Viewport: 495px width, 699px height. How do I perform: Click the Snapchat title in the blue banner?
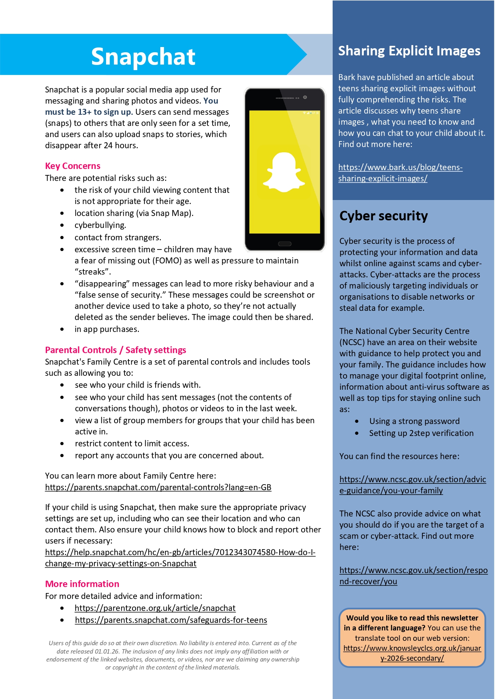tap(143, 56)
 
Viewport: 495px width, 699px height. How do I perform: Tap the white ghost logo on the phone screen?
tap(284, 173)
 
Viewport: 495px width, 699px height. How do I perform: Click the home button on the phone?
tap(284, 244)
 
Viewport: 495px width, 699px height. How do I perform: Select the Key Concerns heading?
tap(73, 166)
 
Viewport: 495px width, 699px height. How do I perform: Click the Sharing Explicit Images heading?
tap(409, 51)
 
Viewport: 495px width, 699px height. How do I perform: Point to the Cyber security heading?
tap(383, 216)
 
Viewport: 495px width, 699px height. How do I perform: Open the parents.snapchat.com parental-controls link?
tap(158, 487)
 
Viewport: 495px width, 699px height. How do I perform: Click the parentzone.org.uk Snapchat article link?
tap(155, 608)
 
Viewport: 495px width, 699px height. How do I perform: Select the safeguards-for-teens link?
tap(171, 620)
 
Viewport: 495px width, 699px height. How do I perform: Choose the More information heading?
tap(82, 584)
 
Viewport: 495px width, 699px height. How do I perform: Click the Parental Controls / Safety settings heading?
tap(116, 350)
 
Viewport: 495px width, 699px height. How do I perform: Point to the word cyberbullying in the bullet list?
tap(100, 225)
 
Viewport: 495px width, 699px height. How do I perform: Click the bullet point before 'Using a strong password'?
tap(357, 421)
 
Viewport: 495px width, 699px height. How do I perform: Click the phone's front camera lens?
tap(305, 97)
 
